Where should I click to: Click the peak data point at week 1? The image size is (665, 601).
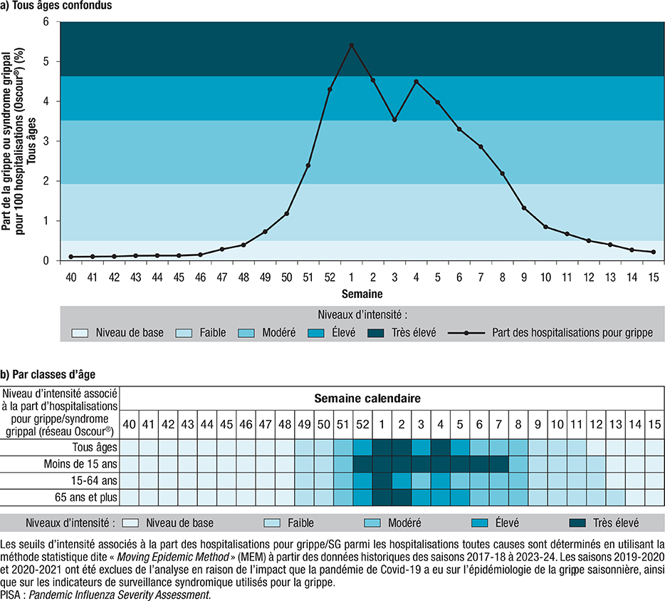point(352,45)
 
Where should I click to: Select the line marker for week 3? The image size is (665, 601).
point(394,120)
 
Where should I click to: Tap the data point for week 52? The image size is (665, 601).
point(330,89)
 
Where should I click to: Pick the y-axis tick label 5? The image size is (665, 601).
point(47,61)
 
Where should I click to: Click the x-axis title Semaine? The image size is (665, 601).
point(362,292)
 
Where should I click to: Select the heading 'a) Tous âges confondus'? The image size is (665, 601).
point(56,6)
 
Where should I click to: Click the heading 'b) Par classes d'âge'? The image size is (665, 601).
point(48,373)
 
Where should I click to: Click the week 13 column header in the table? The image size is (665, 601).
point(615,425)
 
